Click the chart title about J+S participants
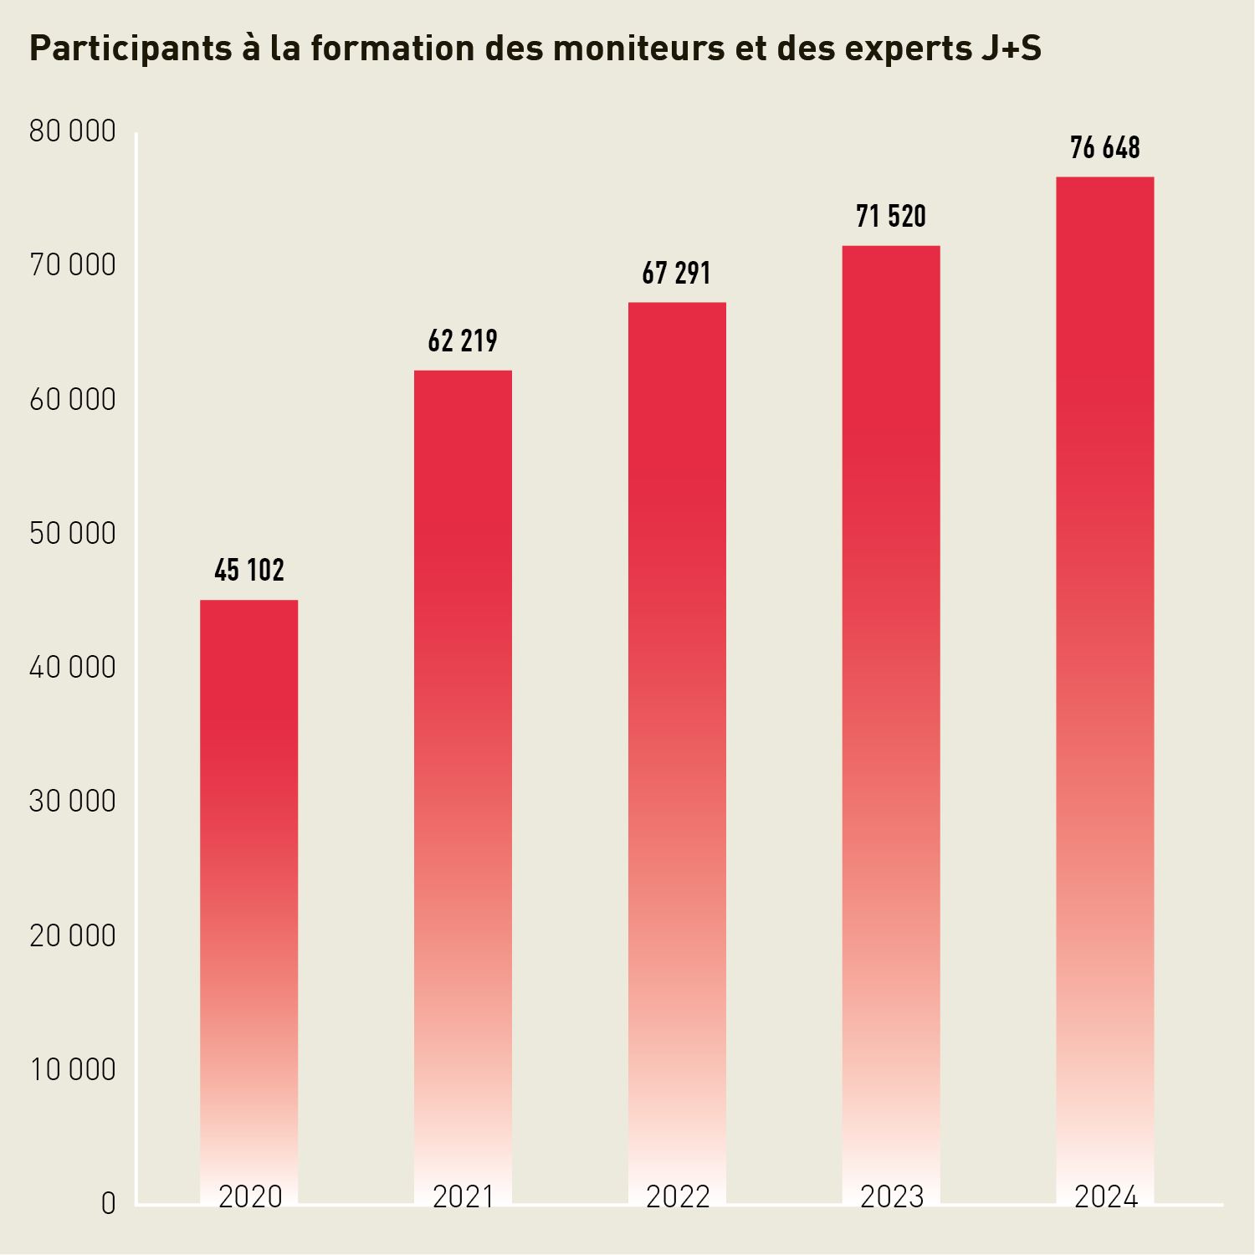tap(535, 49)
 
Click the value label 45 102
tap(249, 571)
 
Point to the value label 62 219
tap(463, 341)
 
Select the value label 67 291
tap(677, 274)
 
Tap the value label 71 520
tap(891, 217)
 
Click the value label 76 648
tap(1104, 148)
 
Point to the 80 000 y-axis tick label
tap(72, 131)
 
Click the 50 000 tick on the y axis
tap(72, 534)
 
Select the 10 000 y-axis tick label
tap(72, 1069)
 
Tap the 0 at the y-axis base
tap(108, 1204)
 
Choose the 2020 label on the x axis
tap(250, 1197)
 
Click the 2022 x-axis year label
tap(678, 1197)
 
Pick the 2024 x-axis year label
tap(1105, 1197)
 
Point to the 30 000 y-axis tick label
tap(72, 802)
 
